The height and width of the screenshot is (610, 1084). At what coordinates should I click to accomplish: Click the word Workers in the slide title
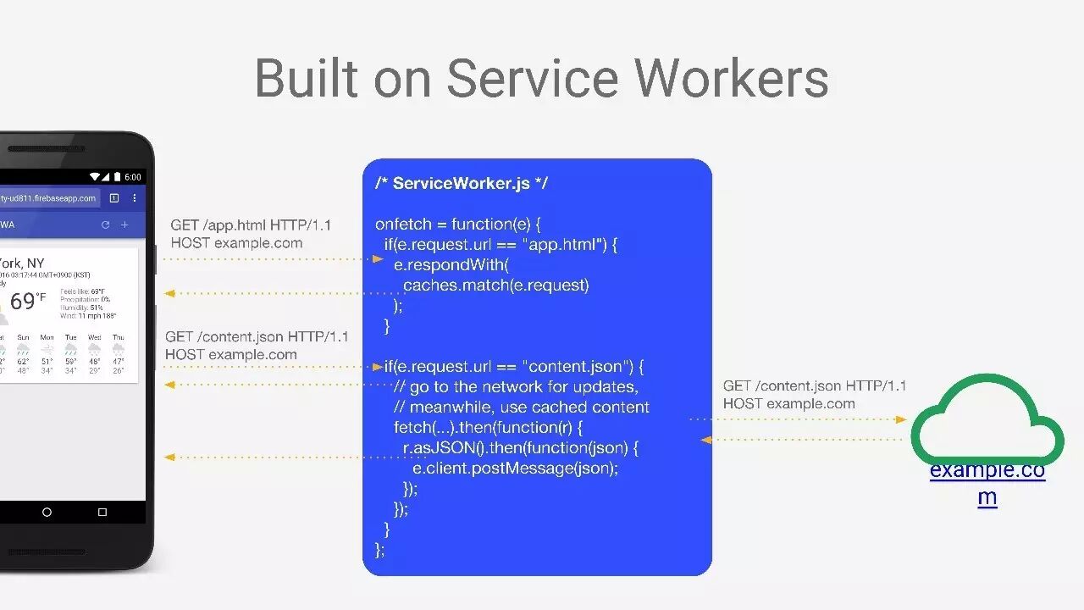coord(732,78)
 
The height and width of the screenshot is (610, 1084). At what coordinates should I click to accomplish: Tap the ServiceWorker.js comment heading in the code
coord(462,183)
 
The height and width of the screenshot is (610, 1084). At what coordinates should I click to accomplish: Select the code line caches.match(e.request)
coord(495,286)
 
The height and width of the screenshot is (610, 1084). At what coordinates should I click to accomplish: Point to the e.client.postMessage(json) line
coord(515,468)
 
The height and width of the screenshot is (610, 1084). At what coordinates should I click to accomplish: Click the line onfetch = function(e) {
coord(457,225)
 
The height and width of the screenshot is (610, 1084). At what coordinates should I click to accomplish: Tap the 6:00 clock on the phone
coord(133,177)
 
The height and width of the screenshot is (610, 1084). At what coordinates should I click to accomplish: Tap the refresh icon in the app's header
coord(105,225)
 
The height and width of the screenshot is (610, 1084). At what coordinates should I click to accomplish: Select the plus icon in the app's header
coord(124,225)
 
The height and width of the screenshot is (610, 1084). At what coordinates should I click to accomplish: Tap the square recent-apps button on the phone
coord(102,512)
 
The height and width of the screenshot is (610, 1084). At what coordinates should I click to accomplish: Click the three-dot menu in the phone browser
coord(135,198)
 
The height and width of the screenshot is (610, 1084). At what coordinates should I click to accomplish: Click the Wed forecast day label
coord(95,337)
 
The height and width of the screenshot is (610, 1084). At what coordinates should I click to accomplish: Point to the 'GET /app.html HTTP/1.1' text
coord(251,225)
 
